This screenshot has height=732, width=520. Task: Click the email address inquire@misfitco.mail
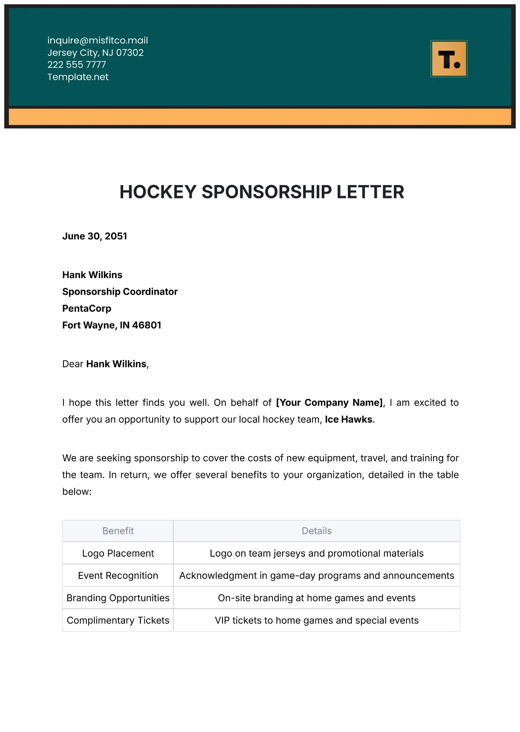pos(98,41)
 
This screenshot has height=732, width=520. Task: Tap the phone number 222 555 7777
pos(77,65)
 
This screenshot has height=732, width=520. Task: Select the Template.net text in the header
pos(78,77)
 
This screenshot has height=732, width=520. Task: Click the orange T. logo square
pos(449,59)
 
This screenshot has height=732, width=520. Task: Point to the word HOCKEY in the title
pos(158,192)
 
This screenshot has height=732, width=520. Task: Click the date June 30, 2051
pos(95,236)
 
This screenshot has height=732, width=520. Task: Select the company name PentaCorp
pos(87,308)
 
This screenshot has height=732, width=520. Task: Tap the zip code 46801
pos(147,325)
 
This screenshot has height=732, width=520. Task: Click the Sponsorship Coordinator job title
pos(120,292)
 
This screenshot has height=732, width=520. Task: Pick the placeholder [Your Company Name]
pos(329,403)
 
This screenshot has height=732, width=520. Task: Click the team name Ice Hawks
pos(349,420)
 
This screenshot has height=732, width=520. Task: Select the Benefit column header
pos(118,531)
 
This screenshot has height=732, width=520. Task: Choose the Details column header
pos(317,531)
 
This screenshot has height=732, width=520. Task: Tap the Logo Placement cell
pos(118,554)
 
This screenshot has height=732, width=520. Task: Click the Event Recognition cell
pos(118,576)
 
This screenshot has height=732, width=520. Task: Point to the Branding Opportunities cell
pos(118,598)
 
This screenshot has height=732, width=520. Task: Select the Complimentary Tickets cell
pos(118,621)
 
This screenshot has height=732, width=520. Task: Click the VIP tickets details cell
pos(317,621)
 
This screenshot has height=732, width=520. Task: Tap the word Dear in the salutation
pos(73,364)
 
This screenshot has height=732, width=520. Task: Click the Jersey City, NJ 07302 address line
pos(95,53)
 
